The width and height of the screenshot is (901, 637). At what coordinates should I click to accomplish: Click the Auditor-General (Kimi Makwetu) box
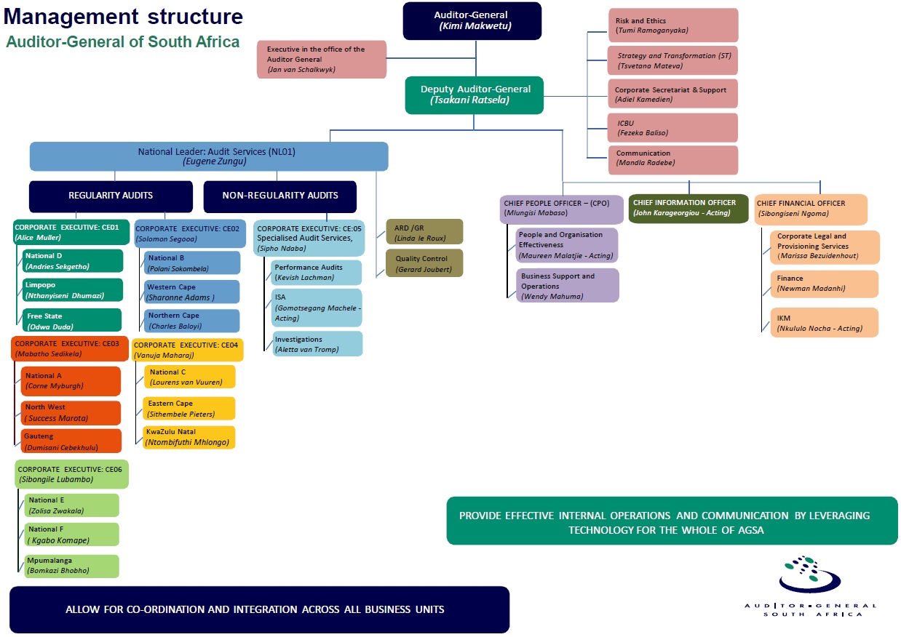[472, 20]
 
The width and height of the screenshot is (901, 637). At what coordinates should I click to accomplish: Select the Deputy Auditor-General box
[475, 95]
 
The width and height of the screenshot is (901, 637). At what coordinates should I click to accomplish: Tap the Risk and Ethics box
[672, 25]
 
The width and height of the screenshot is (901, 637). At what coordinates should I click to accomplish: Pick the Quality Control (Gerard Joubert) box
[424, 263]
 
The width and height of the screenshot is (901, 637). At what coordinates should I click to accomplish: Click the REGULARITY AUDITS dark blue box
[111, 196]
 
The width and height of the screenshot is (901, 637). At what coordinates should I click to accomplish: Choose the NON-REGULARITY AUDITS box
[279, 196]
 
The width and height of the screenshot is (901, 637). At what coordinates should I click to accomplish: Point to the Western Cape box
[191, 292]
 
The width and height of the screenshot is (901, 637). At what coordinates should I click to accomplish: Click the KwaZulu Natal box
[188, 437]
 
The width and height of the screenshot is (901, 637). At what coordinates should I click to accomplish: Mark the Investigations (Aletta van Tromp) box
[316, 344]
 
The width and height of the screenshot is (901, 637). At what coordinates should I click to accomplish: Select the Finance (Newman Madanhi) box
[824, 284]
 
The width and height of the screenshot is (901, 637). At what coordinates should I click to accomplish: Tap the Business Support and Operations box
[567, 286]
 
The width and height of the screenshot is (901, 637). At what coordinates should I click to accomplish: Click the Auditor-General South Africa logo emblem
[809, 575]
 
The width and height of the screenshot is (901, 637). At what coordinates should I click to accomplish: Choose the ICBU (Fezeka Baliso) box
[672, 128]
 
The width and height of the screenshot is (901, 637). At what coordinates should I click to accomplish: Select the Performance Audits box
[316, 273]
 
